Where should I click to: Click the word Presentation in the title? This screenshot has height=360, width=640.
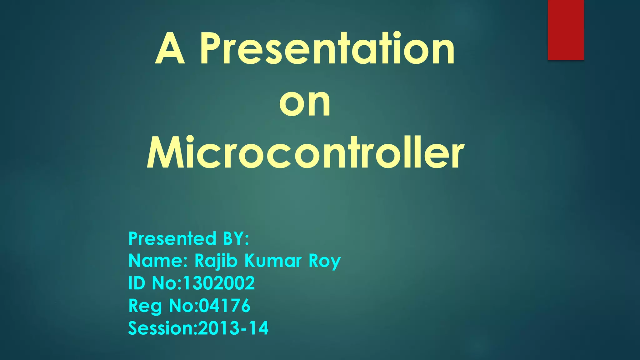click(327, 49)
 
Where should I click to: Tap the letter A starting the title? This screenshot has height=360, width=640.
click(170, 49)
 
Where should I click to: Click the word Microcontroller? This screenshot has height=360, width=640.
click(305, 153)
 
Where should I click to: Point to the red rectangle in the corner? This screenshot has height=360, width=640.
click(566, 30)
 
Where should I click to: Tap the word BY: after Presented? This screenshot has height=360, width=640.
click(236, 239)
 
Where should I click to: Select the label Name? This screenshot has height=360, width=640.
click(158, 261)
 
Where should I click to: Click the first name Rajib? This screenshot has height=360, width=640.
click(216, 261)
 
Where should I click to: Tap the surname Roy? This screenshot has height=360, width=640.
click(325, 261)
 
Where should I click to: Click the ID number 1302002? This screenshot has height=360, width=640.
click(219, 283)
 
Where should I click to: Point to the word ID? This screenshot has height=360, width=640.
click(137, 283)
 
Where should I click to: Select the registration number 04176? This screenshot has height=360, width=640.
click(225, 305)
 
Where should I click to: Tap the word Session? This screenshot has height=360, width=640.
click(161, 328)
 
